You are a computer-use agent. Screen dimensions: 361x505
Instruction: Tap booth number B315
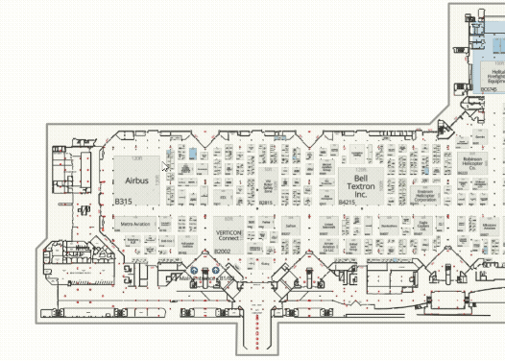123,202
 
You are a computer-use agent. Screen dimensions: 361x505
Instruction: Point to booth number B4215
348,203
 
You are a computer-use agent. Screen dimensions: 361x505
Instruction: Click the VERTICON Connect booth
228,234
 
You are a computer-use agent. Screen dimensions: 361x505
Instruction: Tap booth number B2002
223,251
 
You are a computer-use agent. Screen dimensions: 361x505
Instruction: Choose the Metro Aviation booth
135,224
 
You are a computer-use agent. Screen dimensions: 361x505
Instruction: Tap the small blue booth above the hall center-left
193,153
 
